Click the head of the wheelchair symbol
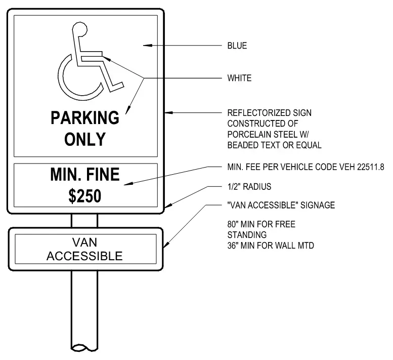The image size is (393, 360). coord(80,29)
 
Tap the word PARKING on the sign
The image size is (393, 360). coord(85,117)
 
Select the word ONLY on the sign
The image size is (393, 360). coord(85,139)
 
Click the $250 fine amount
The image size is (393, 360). coord(85,196)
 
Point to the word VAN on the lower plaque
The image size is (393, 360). coord(84,243)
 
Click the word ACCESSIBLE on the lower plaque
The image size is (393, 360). coord(84,256)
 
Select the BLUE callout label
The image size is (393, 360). coord(237,46)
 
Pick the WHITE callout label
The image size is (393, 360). coord(239,78)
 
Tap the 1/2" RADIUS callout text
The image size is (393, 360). coord(249,187)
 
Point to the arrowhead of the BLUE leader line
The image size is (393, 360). coord(147,46)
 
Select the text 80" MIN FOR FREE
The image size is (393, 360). coord(261,224)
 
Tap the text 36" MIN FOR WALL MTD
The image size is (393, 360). coord(271,246)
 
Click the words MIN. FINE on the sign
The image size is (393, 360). coord(85,174)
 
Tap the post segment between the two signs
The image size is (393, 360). coord(84,221)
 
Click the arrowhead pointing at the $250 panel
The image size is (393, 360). coord(128,184)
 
